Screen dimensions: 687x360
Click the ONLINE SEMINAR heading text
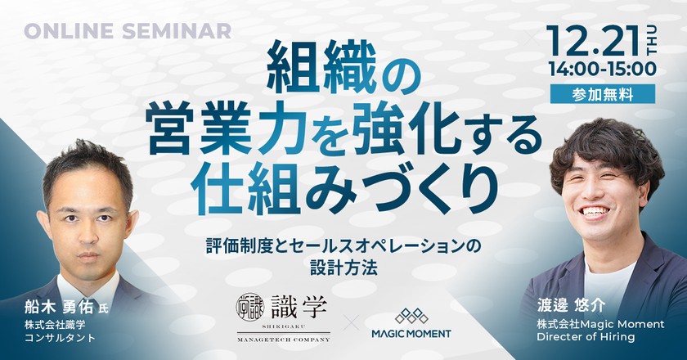pos(128,32)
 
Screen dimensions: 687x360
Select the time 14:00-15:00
pos(603,69)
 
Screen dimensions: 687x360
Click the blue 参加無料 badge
pos(603,94)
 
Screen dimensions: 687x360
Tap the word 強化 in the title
pos(402,132)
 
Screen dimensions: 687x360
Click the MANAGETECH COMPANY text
pos(283,340)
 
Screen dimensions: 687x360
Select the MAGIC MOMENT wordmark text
pos(411,334)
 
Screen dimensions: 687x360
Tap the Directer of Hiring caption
pos(586,337)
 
